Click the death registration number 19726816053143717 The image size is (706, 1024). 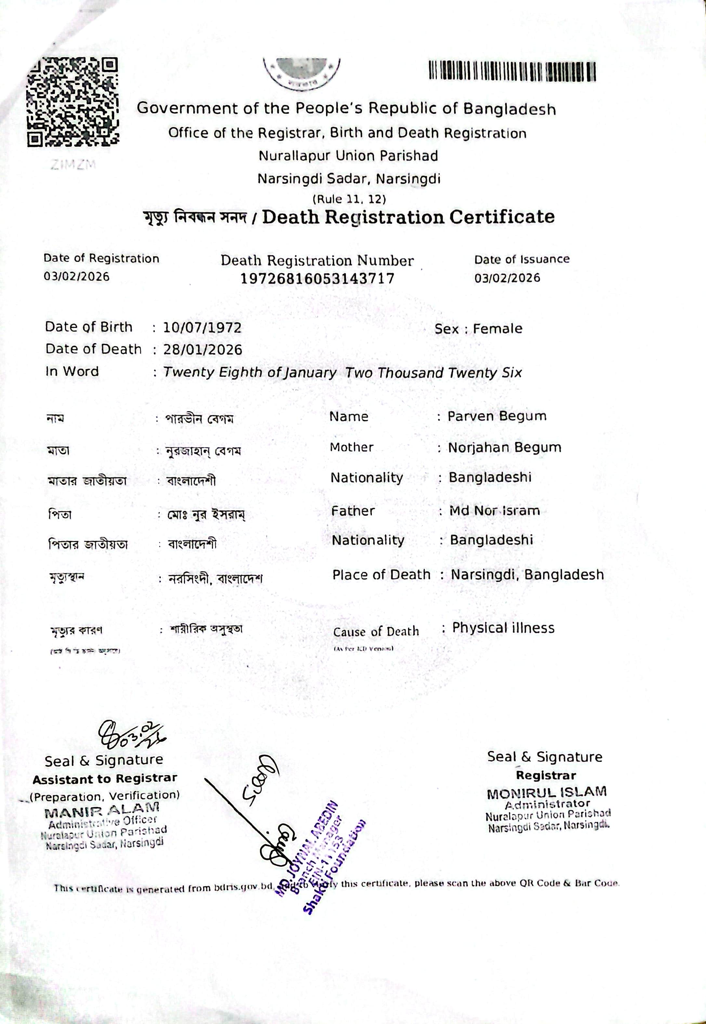[x=317, y=278]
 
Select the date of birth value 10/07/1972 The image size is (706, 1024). [x=202, y=328]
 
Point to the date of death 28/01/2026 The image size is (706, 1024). [x=203, y=350]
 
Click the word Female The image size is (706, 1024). [x=497, y=329]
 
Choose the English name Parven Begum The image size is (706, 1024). [x=497, y=416]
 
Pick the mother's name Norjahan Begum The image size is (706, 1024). [x=504, y=448]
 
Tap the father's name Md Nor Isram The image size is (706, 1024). [x=494, y=511]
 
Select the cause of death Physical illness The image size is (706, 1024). [x=503, y=628]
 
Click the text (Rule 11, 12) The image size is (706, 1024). [x=349, y=199]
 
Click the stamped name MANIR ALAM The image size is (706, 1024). [x=102, y=812]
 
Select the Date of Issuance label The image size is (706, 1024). [x=522, y=259]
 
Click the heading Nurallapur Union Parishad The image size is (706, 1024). [x=348, y=156]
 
